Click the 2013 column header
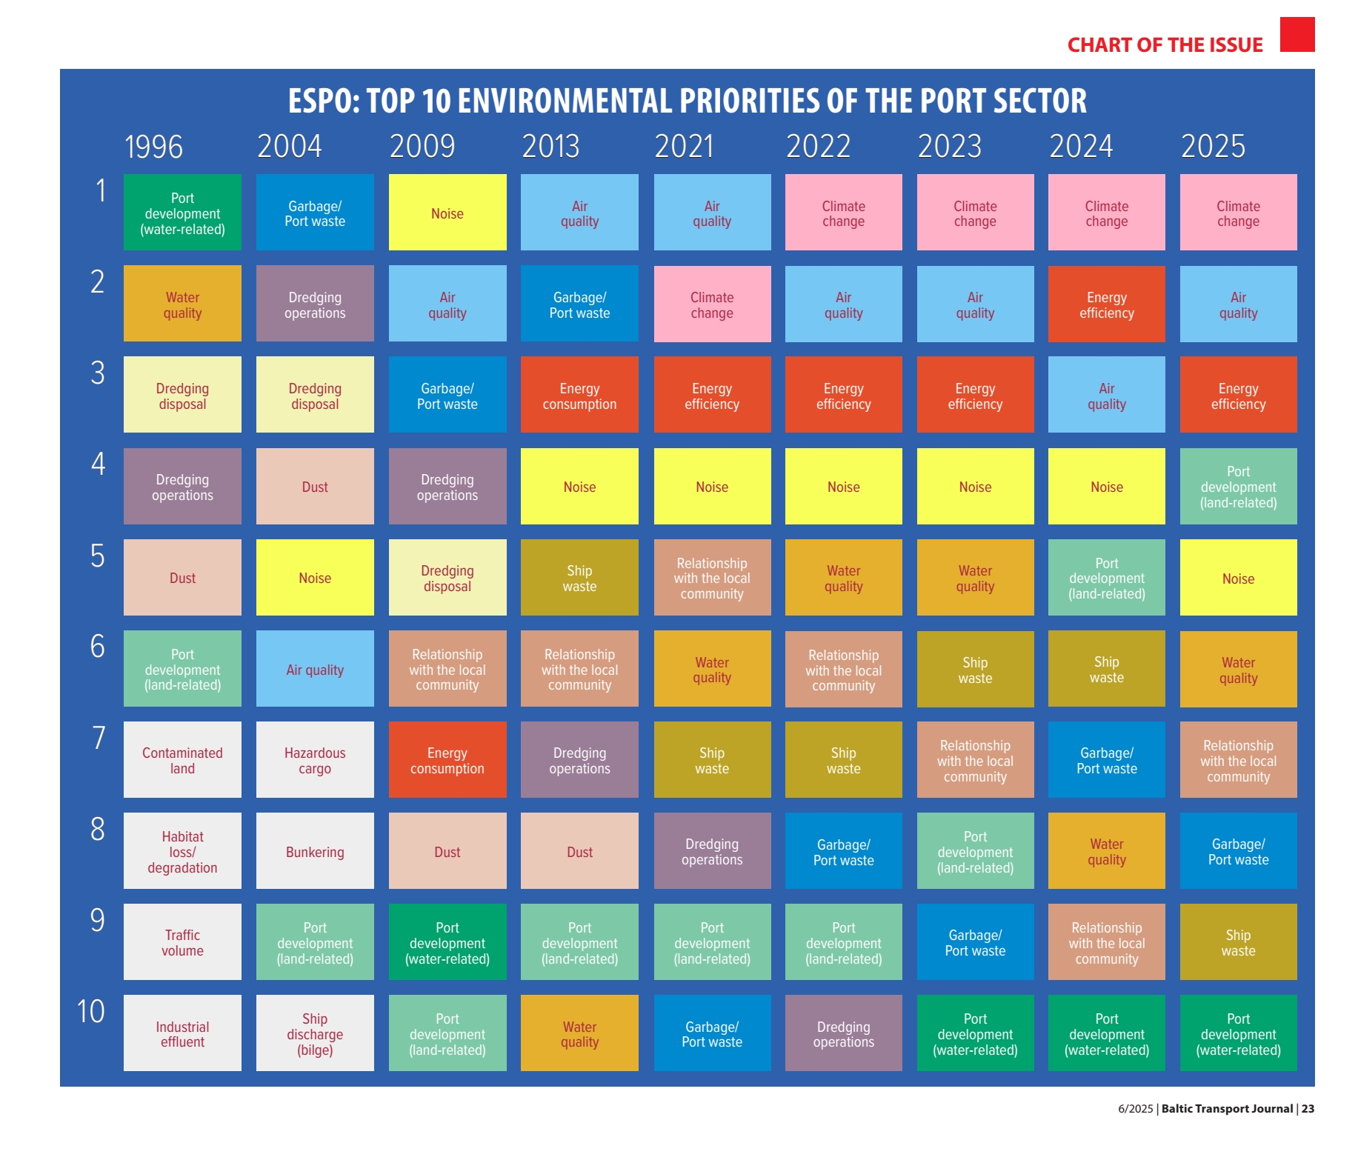(550, 146)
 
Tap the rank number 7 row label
(99, 738)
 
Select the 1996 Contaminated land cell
(182, 759)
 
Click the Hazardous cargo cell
(315, 759)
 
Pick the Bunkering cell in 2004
(315, 850)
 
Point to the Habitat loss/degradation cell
(182, 850)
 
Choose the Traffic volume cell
(182, 941)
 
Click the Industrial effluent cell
(182, 1033)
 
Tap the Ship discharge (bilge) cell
(315, 1033)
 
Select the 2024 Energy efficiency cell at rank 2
(1107, 304)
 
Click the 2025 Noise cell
(1239, 577)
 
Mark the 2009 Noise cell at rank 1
(447, 212)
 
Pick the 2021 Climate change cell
(712, 304)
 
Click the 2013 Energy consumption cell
(579, 394)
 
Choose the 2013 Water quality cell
(579, 1033)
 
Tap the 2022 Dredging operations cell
(844, 1033)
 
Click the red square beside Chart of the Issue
(1297, 34)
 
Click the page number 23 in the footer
(1308, 1109)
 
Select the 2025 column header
(1213, 146)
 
